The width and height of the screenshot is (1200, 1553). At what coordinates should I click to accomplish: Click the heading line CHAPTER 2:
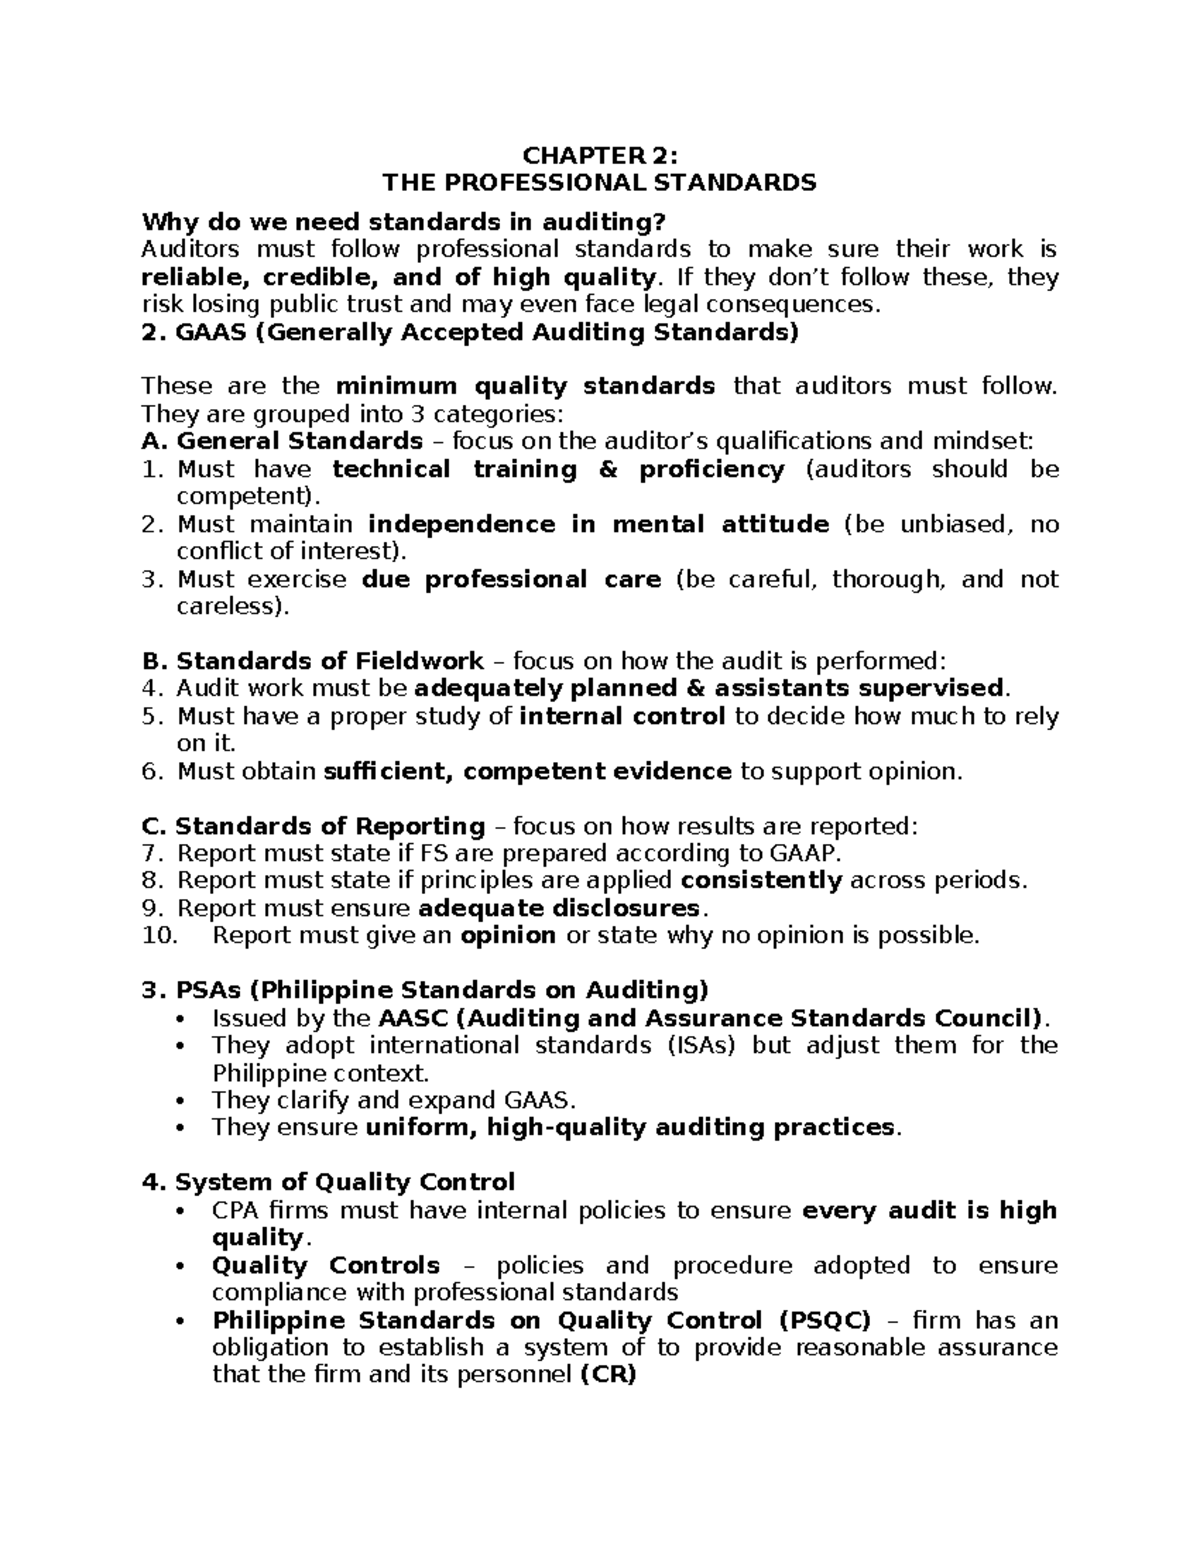pyautogui.click(x=600, y=156)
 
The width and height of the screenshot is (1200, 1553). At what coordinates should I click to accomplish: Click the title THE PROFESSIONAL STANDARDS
pyautogui.click(x=600, y=183)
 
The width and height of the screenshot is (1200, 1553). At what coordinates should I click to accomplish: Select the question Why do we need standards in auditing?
pyautogui.click(x=402, y=221)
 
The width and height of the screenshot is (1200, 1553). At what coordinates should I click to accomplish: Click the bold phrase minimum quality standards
pyautogui.click(x=525, y=386)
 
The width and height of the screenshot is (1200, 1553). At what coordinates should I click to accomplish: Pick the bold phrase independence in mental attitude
pyautogui.click(x=598, y=524)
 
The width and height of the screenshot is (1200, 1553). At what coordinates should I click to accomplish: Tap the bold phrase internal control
pyautogui.click(x=623, y=716)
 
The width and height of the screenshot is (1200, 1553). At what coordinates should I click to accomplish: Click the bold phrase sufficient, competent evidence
pyautogui.click(x=527, y=771)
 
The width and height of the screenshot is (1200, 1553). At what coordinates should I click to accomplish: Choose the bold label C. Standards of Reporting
pyautogui.click(x=314, y=826)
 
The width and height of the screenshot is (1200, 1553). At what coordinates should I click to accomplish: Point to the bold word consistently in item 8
pyautogui.click(x=761, y=881)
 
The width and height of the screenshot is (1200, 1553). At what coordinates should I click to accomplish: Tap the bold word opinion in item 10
pyautogui.click(x=507, y=936)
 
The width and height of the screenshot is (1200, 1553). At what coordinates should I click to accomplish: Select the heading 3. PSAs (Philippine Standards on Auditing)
pyautogui.click(x=425, y=990)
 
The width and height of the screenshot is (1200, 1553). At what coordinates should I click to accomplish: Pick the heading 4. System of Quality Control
pyautogui.click(x=329, y=1182)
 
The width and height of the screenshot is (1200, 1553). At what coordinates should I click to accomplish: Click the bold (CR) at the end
pyautogui.click(x=607, y=1375)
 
